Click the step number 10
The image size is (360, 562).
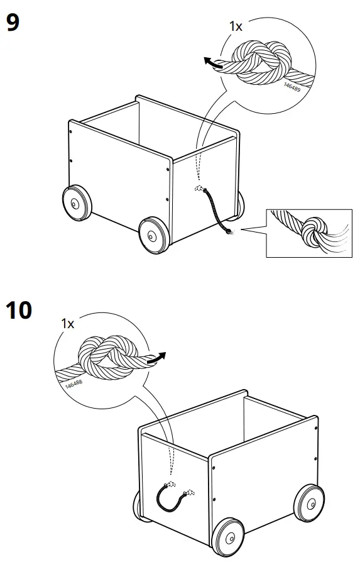(19, 310)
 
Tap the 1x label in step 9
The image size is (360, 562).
(236, 26)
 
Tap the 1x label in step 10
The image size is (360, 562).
(67, 324)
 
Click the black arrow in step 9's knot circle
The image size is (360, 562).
(213, 61)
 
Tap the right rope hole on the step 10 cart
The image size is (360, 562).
(187, 493)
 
